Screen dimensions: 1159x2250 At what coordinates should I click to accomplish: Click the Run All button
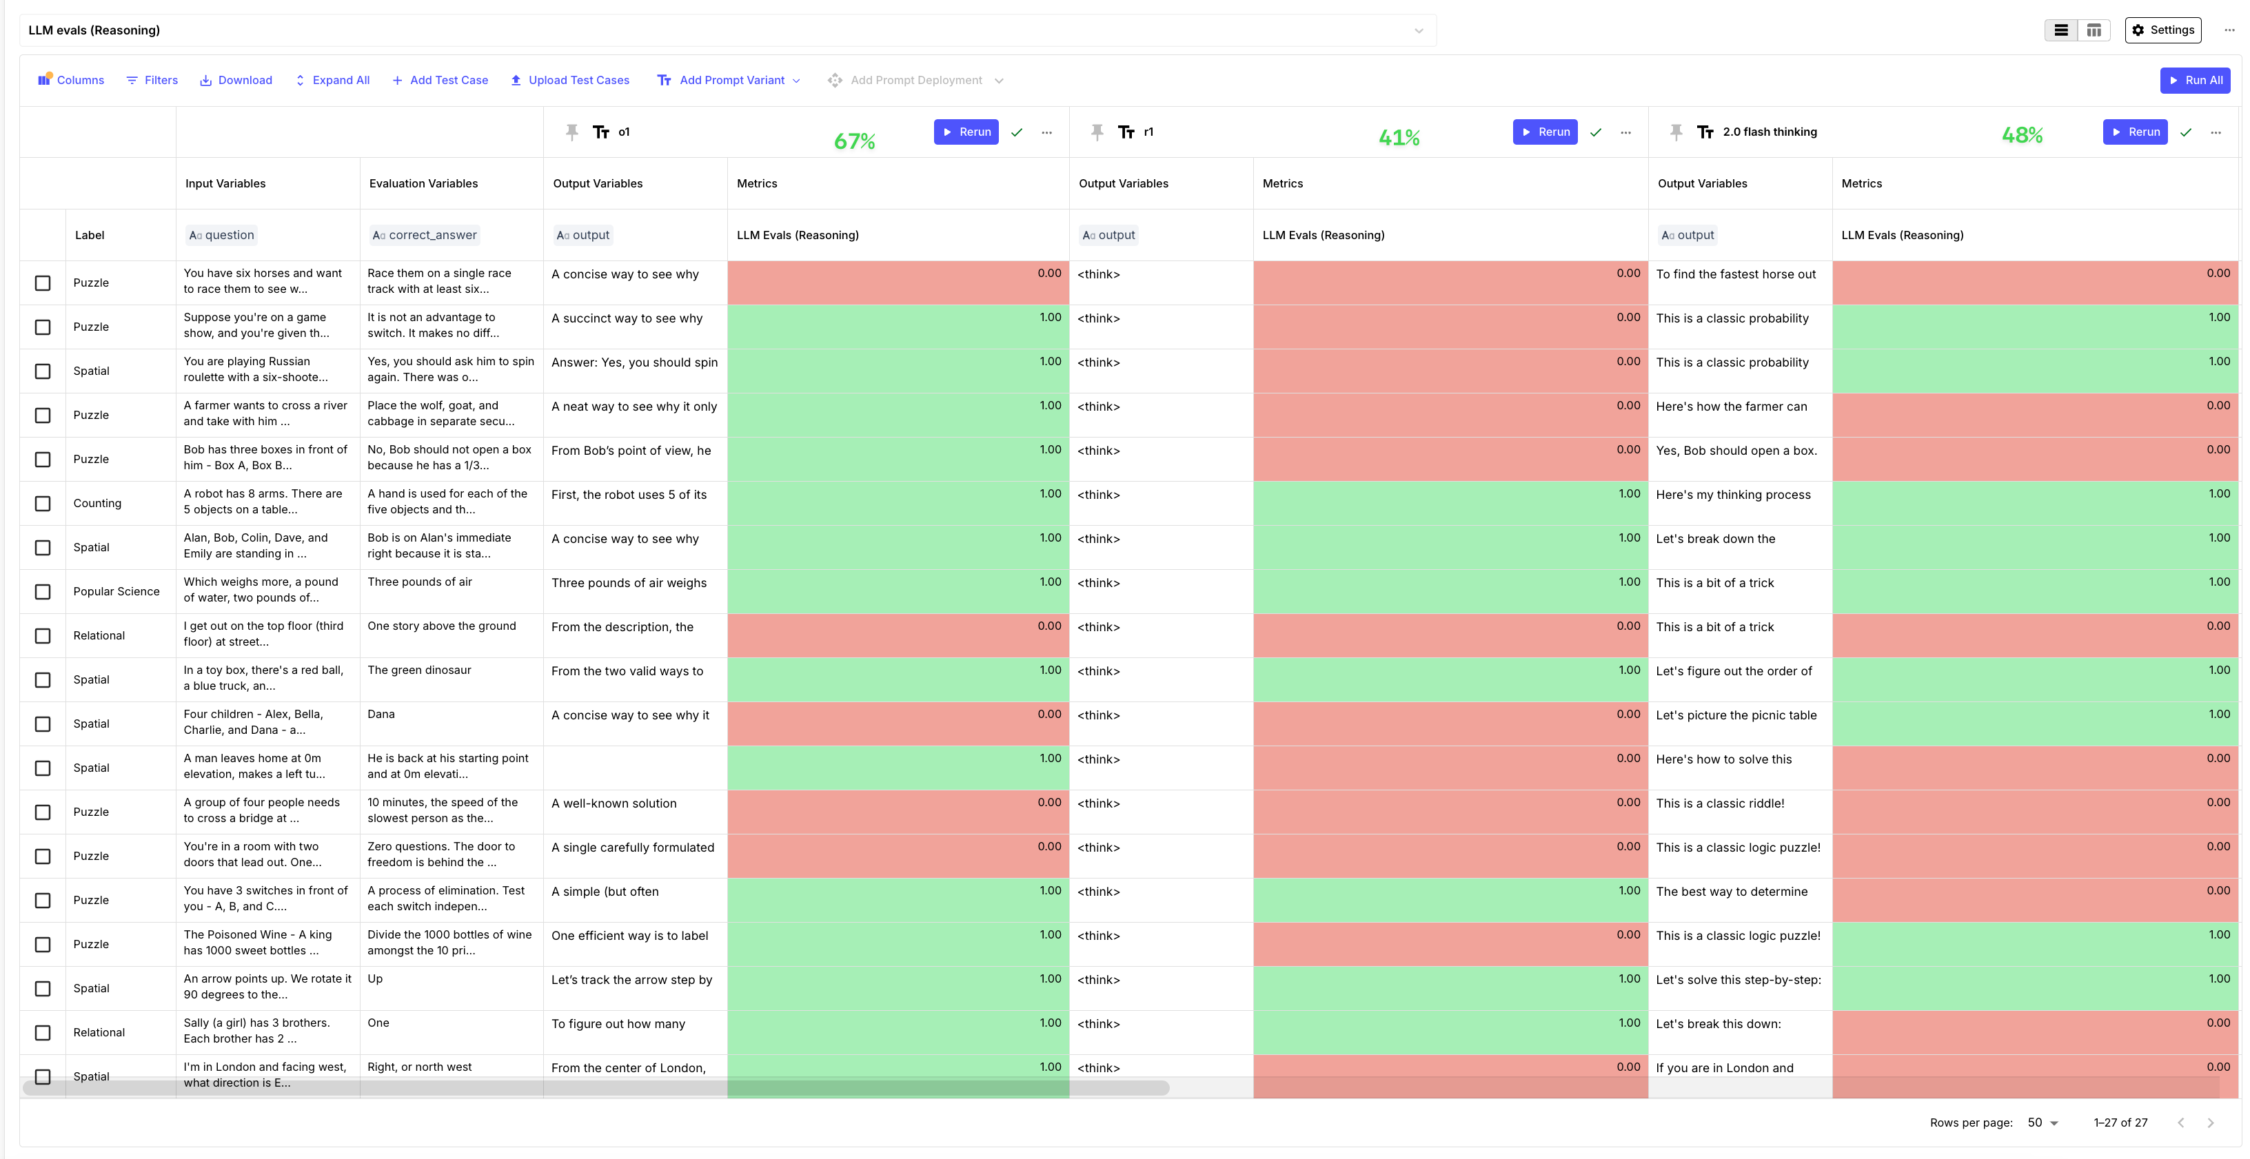click(2194, 81)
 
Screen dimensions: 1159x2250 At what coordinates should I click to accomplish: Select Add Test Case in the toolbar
click(440, 81)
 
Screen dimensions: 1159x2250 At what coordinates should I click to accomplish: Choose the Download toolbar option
click(236, 81)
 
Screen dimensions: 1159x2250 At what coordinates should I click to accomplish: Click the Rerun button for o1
click(965, 132)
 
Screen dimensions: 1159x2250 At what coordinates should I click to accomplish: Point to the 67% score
click(854, 141)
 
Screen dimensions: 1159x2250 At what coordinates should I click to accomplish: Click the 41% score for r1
click(1399, 137)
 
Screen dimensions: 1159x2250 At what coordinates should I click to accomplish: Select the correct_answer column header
click(425, 235)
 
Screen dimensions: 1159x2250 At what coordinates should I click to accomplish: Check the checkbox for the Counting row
click(43, 503)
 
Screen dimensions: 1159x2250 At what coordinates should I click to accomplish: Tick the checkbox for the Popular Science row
click(43, 591)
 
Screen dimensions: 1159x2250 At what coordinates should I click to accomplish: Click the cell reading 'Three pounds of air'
click(420, 582)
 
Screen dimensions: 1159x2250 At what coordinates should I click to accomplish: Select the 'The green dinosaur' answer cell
click(419, 670)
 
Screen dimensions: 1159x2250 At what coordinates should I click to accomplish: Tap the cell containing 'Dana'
click(382, 714)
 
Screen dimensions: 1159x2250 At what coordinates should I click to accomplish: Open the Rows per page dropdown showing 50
click(2042, 1122)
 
